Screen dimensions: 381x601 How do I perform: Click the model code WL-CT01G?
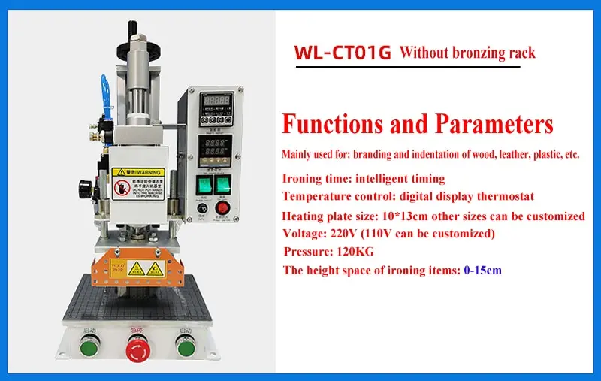point(342,54)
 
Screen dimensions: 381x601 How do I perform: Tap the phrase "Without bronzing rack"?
point(467,53)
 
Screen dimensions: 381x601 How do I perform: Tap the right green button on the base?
point(183,345)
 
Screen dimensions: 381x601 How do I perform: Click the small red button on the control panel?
point(222,208)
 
